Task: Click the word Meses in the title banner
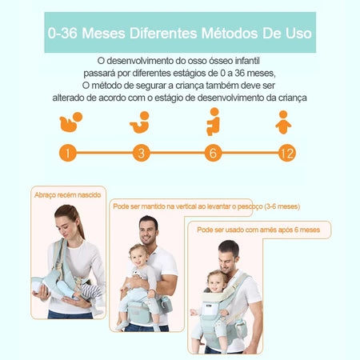(x=103, y=34)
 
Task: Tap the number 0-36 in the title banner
(x=62, y=34)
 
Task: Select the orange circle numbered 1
(x=68, y=153)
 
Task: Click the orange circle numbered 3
(x=142, y=153)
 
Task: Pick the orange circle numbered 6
(x=213, y=153)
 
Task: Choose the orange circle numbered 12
(x=287, y=153)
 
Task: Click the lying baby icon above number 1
(x=70, y=122)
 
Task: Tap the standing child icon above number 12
(x=283, y=122)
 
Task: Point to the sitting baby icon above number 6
(x=214, y=122)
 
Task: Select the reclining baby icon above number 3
(x=140, y=122)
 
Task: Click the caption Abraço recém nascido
(x=68, y=195)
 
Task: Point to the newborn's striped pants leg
(x=90, y=290)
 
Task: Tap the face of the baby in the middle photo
(x=138, y=258)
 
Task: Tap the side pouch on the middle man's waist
(x=166, y=305)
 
